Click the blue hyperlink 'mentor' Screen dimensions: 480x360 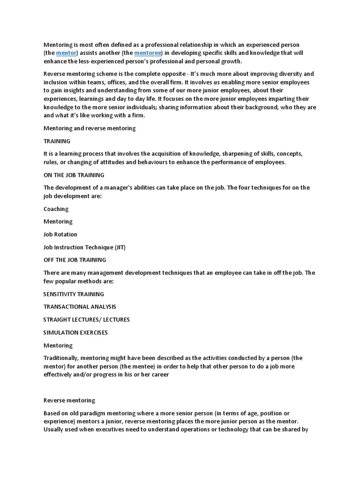[x=66, y=53]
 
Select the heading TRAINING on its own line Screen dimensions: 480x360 [x=57, y=141]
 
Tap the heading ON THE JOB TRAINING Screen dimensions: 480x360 [x=74, y=175]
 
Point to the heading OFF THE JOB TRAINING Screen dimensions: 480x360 [x=75, y=260]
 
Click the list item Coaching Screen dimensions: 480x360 [x=56, y=209]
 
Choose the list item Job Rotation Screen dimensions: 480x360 [x=60, y=234]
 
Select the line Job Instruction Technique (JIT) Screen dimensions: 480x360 [x=84, y=247]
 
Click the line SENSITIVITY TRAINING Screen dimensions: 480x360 [x=74, y=294]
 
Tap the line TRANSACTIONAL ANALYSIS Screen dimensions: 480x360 [x=80, y=307]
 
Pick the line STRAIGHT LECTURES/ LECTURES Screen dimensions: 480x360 [x=86, y=320]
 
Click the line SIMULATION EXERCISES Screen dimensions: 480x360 [x=75, y=332]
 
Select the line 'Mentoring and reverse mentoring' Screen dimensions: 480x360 [x=90, y=128]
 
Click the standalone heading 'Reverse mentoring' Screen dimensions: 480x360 [x=69, y=400]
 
